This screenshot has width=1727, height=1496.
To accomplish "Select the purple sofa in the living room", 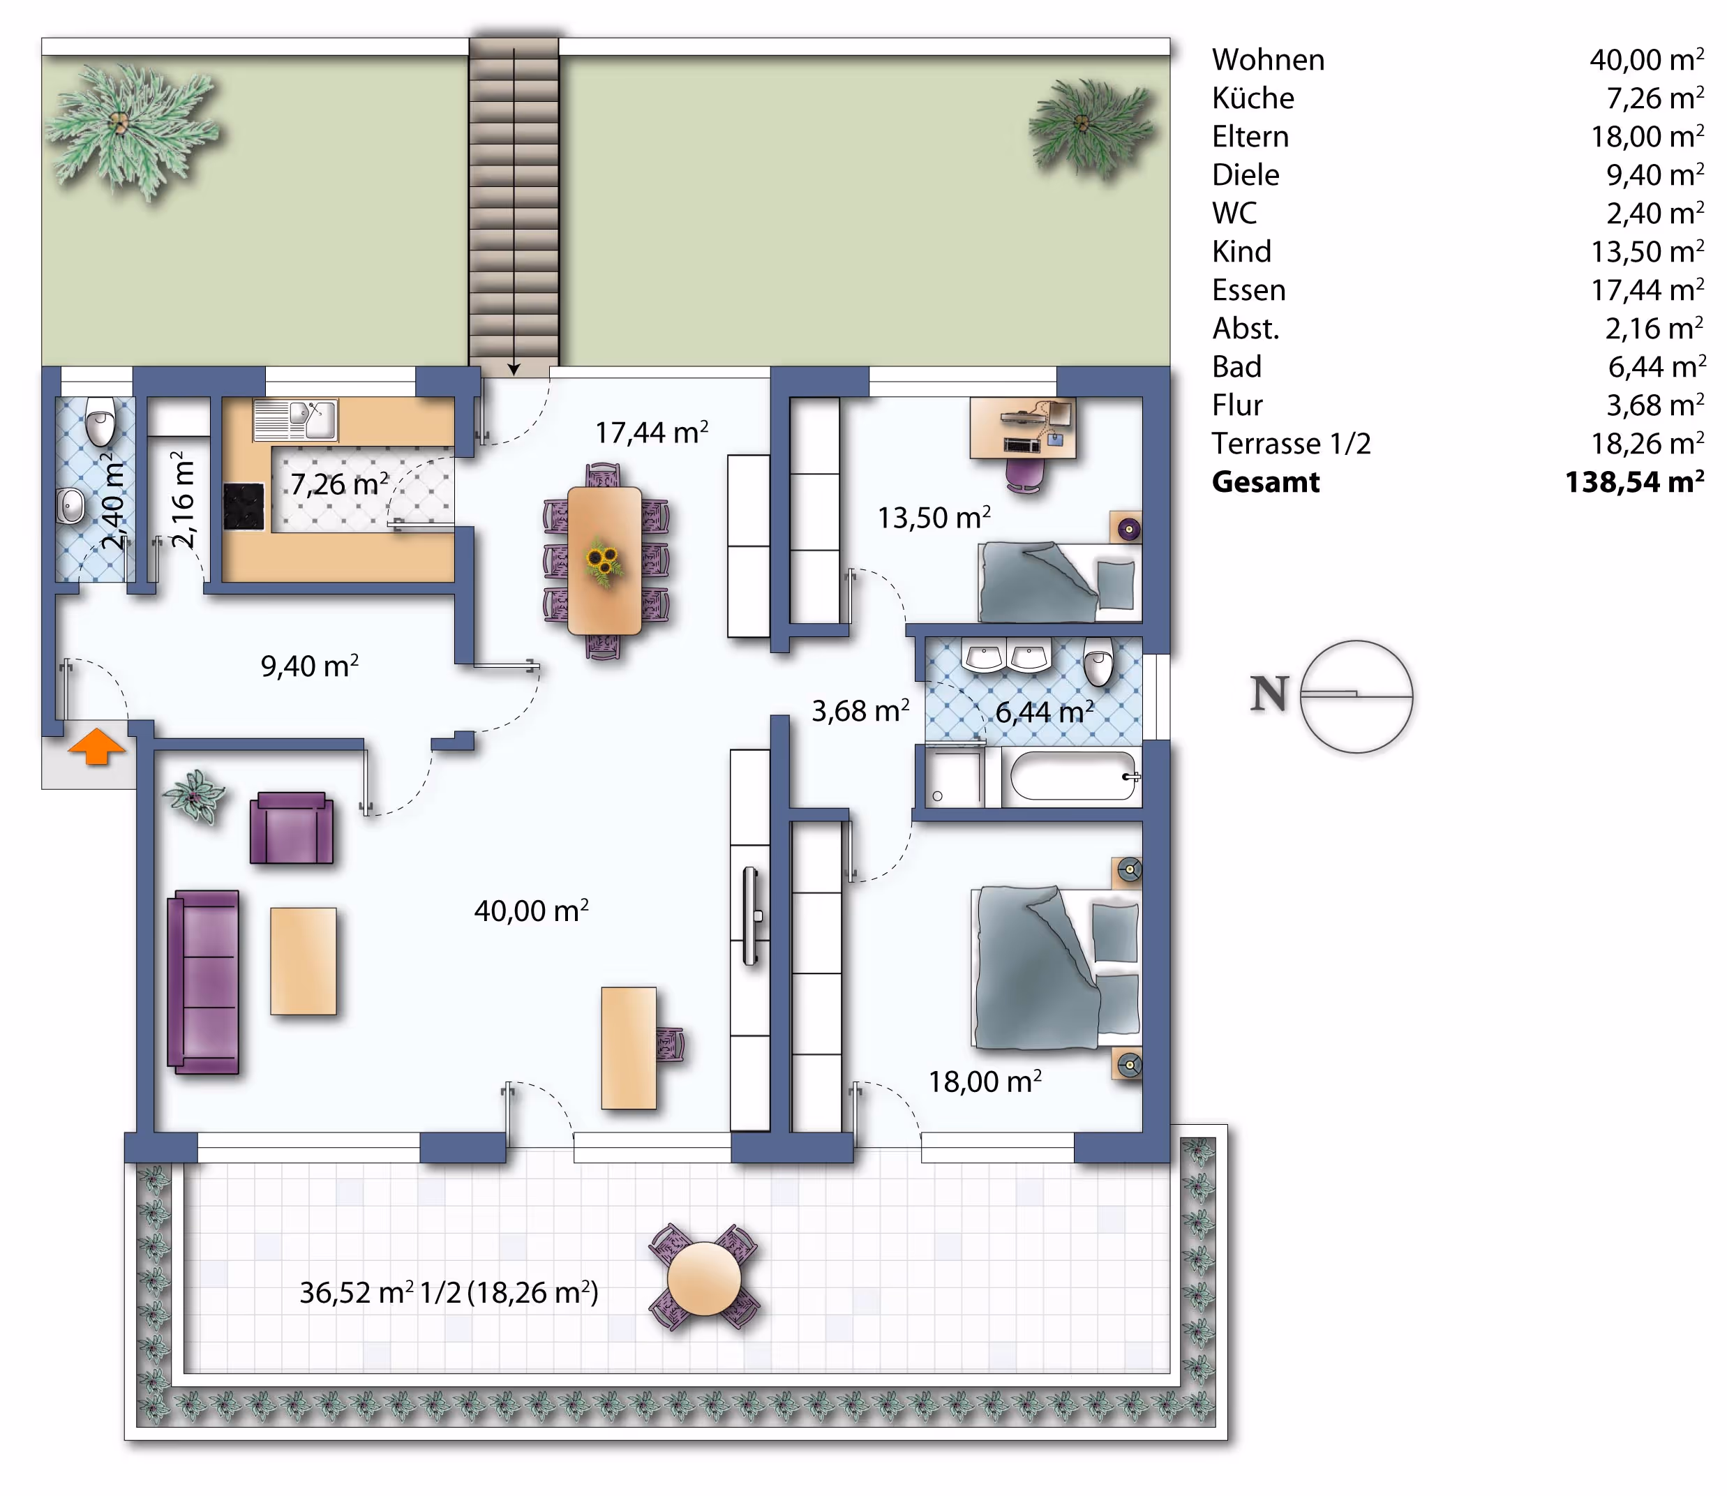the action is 204,982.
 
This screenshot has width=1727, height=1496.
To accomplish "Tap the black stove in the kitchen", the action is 244,507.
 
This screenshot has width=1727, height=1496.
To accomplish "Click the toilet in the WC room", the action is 100,422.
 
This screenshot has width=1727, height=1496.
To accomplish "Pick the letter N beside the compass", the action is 1269,693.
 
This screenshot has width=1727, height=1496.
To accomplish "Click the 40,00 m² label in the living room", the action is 532,910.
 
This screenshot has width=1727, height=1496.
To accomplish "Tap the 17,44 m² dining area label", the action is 652,432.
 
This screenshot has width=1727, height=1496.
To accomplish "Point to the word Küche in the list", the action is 1253,98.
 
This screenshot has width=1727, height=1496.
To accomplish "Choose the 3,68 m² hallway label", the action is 860,710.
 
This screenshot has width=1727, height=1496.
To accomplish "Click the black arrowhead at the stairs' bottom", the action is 514,368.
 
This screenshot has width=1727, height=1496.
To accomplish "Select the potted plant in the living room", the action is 195,795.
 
